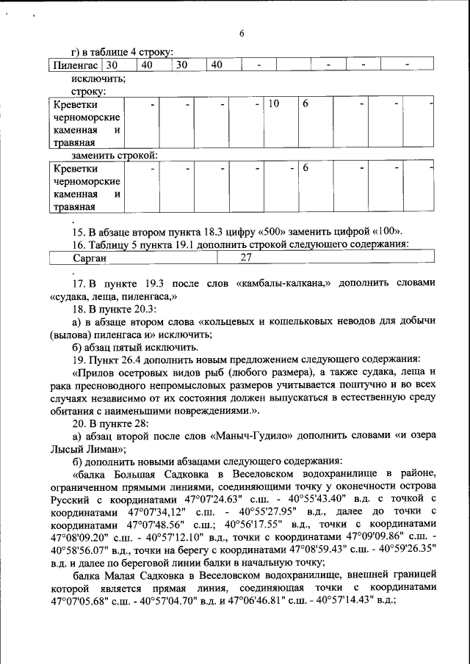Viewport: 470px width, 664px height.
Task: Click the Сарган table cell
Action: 90,258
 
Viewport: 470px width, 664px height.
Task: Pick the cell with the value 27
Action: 247,258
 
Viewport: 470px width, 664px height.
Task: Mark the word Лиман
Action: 101,448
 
